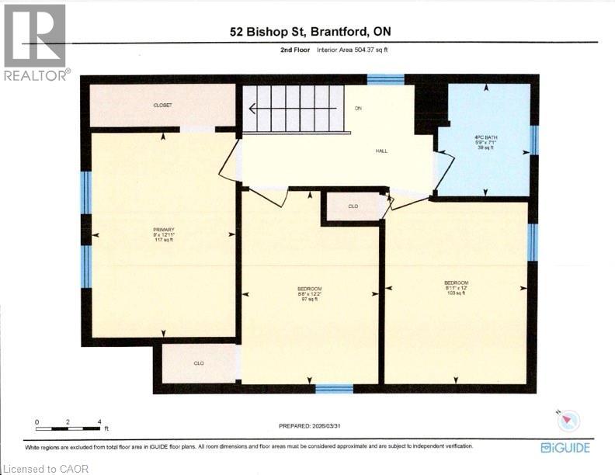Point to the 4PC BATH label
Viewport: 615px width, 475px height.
485,142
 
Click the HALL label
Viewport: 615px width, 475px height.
380,151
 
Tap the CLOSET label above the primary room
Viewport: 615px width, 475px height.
162,105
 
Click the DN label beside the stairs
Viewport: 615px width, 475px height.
358,108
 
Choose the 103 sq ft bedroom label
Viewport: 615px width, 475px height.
456,287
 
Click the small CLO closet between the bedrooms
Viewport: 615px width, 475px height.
353,206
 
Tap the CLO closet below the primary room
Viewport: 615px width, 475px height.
199,362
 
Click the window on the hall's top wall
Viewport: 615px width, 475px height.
385,78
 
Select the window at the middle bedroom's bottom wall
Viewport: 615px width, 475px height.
334,388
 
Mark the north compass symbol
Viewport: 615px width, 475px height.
569,420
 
